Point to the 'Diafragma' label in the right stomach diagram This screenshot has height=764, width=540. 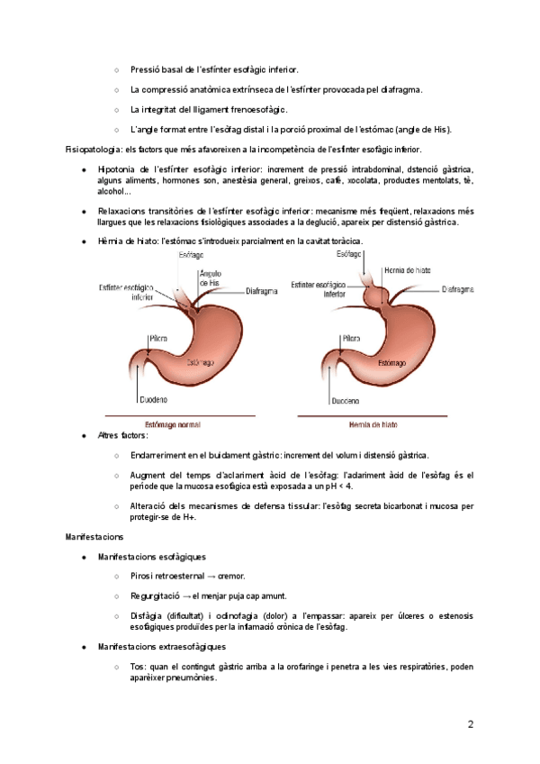pos(459,290)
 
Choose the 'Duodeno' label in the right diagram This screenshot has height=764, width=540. pos(346,400)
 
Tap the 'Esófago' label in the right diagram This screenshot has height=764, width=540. pos(349,255)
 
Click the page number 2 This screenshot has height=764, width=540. pos(470,725)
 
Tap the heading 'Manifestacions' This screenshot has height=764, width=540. pos(94,537)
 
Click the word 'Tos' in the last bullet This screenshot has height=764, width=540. pos(137,667)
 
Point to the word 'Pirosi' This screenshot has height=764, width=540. pos(143,577)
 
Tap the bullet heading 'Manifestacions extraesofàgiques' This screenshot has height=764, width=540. pos(161,647)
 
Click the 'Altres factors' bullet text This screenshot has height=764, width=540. pos(121,435)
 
